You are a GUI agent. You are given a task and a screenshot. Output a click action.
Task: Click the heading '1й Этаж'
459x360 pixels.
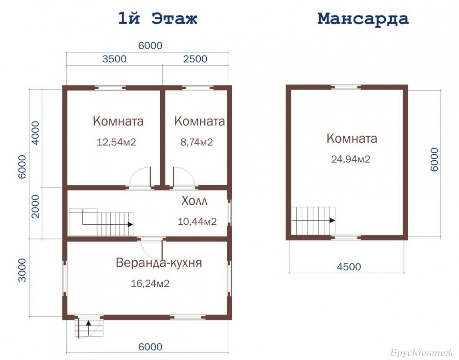point(158,18)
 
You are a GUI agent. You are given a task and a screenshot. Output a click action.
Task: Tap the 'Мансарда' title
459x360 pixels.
point(363,18)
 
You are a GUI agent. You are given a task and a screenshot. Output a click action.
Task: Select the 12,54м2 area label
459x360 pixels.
point(116,142)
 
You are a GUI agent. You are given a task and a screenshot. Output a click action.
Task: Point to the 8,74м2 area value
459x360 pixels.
point(196,142)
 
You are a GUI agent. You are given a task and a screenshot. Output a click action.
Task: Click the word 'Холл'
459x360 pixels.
point(194,201)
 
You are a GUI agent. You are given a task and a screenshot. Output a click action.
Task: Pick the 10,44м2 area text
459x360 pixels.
point(197,222)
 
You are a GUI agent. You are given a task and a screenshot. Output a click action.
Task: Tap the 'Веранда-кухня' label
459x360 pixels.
point(159,263)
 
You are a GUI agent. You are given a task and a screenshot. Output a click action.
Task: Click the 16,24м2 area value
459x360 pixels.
point(150,284)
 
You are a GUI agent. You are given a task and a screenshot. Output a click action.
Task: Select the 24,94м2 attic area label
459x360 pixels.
point(351,159)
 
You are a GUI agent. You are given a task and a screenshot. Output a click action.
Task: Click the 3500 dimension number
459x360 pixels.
point(114,59)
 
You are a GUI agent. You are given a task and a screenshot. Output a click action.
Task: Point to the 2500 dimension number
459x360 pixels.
point(195,59)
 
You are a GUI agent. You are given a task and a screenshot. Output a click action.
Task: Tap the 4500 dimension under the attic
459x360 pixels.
point(349,267)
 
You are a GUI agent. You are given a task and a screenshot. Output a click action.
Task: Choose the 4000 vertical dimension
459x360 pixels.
point(36,133)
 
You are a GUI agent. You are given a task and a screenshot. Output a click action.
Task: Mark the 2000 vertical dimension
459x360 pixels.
point(36,206)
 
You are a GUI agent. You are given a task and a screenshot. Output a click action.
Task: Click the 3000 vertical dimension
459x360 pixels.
point(22,270)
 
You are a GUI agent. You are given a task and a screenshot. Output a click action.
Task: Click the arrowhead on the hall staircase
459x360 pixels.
point(131,224)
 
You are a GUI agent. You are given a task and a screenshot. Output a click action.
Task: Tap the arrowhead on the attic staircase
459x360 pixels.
point(333,220)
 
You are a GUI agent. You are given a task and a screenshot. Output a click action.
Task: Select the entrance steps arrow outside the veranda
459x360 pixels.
point(88,328)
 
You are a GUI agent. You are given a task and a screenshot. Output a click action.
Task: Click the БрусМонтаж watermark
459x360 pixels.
point(422,353)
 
